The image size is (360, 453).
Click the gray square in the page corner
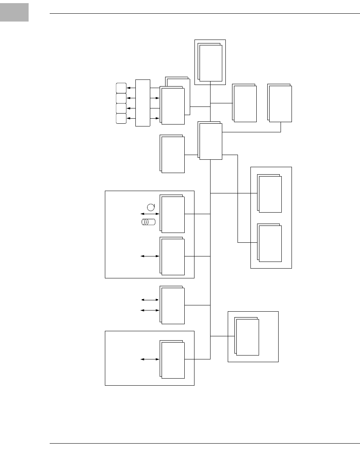(14, 12)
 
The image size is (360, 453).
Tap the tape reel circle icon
(151, 206)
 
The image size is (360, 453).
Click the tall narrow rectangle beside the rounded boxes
(142, 103)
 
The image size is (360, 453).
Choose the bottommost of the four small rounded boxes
(121, 118)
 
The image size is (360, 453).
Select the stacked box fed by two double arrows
(173, 305)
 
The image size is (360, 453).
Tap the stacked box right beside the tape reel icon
(173, 214)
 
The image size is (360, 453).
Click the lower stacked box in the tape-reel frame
(173, 256)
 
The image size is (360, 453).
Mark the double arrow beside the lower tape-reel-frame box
(150, 256)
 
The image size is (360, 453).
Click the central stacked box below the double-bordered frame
(211, 141)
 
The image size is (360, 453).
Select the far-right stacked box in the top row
(280, 103)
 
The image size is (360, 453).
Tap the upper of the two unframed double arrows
(150, 300)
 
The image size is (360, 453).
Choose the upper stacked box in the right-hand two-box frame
(270, 194)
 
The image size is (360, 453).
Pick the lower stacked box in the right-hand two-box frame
(270, 243)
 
